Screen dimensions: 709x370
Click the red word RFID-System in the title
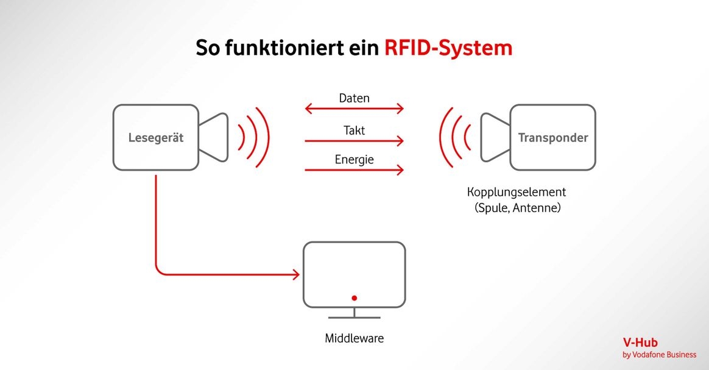[x=448, y=48]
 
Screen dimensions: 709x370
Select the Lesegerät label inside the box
[x=156, y=138]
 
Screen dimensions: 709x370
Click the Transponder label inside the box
[x=553, y=138]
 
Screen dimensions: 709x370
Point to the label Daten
[x=354, y=98]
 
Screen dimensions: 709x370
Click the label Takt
[x=354, y=130]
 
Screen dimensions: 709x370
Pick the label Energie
[x=354, y=159]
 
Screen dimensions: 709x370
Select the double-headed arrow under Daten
[x=354, y=109]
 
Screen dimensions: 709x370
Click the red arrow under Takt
[x=354, y=141]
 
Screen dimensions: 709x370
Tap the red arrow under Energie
[x=354, y=170]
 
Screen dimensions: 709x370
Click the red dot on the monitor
[x=354, y=298]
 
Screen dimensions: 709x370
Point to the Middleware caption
[x=354, y=338]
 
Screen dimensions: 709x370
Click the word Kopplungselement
[x=517, y=192]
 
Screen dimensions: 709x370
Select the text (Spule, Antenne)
[x=518, y=208]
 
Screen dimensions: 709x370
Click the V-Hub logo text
[x=640, y=343]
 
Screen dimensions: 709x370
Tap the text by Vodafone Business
[x=659, y=355]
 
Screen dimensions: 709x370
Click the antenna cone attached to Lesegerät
[x=213, y=137]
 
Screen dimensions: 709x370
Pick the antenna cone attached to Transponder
[x=496, y=137]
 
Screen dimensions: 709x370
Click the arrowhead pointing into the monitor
[x=296, y=274]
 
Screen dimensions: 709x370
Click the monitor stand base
[x=354, y=318]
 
